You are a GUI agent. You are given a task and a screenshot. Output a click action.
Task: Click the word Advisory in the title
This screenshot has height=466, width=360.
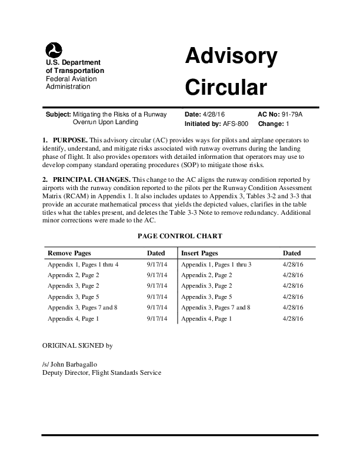click(x=231, y=57)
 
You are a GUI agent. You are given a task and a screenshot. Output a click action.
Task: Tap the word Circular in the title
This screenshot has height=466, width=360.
click(x=226, y=88)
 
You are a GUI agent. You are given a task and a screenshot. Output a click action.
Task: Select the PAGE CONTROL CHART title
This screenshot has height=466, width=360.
click(x=180, y=236)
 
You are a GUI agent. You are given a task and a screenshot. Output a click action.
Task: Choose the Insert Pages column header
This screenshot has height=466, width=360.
click(x=199, y=253)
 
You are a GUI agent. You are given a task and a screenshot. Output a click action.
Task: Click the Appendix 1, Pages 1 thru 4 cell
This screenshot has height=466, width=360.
click(x=83, y=265)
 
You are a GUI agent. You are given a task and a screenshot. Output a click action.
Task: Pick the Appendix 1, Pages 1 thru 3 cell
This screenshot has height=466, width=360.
click(x=216, y=265)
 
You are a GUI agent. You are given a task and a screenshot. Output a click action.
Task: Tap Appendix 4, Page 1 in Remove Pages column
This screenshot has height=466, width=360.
click(x=73, y=318)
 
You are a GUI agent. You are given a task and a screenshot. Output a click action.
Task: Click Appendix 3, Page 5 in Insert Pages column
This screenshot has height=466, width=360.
click(x=206, y=297)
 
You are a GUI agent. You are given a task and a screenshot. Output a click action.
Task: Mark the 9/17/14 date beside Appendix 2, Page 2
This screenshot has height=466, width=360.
click(x=157, y=275)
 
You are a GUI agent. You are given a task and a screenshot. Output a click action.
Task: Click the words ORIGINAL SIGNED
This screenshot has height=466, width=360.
click(x=72, y=345)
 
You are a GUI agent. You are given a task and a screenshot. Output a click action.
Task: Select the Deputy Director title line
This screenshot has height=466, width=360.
click(x=102, y=372)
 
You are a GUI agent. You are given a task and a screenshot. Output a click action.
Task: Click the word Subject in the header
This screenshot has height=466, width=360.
click(x=58, y=114)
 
